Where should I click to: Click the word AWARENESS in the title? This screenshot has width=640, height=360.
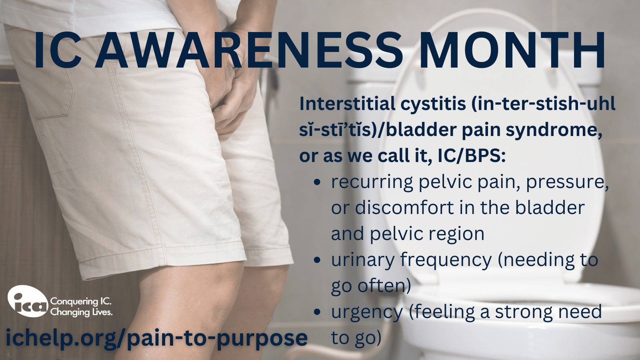click(x=248, y=50)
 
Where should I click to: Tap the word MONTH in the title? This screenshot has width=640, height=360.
click(x=512, y=50)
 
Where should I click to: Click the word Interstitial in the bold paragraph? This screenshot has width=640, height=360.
click(x=347, y=104)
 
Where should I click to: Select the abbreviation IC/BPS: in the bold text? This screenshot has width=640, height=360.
click(x=472, y=156)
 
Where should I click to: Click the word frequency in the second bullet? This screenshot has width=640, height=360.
click(x=446, y=260)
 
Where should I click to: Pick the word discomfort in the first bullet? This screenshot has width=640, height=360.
click(x=404, y=208)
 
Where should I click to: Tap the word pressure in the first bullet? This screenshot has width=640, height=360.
click(x=567, y=182)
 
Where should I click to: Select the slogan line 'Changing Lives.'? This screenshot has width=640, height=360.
click(x=81, y=312)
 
